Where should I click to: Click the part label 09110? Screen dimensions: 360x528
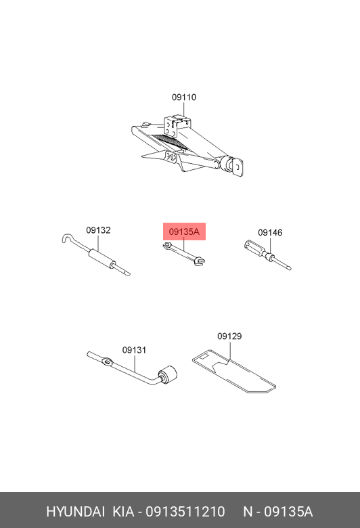pyautogui.click(x=184, y=97)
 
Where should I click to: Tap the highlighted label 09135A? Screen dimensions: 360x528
pyautogui.click(x=184, y=232)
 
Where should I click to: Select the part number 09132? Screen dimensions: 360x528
pyautogui.click(x=98, y=230)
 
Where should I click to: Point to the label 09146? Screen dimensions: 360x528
pyautogui.click(x=270, y=233)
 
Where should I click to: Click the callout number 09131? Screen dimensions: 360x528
pyautogui.click(x=134, y=350)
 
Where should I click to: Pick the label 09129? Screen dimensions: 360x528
pyautogui.click(x=229, y=336)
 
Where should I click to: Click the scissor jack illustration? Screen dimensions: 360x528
pyautogui.click(x=187, y=146)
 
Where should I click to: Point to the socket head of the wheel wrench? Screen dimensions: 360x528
pyautogui.click(x=167, y=374)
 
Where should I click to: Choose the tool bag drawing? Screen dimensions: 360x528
pyautogui.click(x=234, y=372)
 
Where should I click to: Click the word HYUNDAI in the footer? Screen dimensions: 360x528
pyautogui.click(x=75, y=512)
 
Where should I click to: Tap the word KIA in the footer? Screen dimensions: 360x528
pyautogui.click(x=123, y=512)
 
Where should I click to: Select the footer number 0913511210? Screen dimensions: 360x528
pyautogui.click(x=185, y=512)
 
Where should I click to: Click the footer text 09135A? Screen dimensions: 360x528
pyautogui.click(x=288, y=512)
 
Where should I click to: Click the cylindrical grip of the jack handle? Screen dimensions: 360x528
pyautogui.click(x=101, y=259)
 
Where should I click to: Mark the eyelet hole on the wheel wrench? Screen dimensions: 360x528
pyautogui.click(x=107, y=362)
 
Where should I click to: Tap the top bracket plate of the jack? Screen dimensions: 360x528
pyautogui.click(x=172, y=127)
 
